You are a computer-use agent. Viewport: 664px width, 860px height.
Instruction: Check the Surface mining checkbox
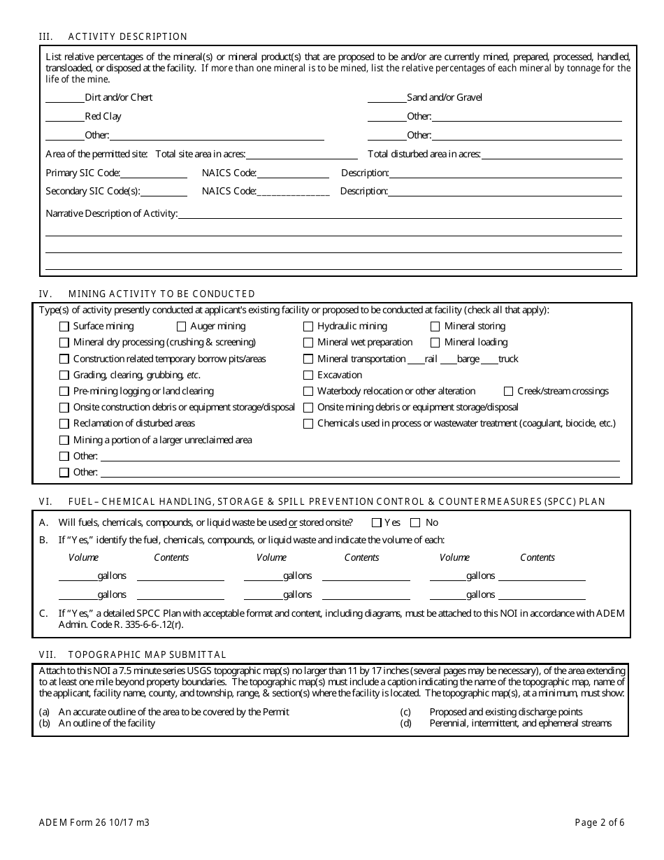(x=64, y=327)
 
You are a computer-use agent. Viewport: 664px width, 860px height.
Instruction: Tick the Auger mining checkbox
(x=181, y=327)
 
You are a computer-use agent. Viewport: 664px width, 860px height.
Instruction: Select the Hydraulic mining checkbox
(x=308, y=327)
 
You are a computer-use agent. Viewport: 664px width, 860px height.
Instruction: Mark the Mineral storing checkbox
(x=435, y=327)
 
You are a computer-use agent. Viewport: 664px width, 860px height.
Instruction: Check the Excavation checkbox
(x=308, y=375)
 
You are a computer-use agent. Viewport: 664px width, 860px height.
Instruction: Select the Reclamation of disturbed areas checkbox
(x=64, y=424)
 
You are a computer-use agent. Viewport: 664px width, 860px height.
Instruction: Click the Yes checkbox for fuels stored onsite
(x=377, y=522)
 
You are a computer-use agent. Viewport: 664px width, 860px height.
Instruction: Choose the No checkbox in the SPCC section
(x=415, y=522)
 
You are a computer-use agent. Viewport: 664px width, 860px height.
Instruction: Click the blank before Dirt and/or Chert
(x=64, y=98)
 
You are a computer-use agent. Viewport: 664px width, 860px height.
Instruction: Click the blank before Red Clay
(x=64, y=117)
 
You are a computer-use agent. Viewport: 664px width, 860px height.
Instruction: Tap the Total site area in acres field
(x=301, y=155)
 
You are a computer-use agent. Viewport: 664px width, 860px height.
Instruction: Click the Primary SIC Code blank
(x=154, y=173)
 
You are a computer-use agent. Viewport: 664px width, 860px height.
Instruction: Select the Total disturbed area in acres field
(x=551, y=155)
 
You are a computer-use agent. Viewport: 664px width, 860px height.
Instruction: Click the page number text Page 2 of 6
(x=599, y=822)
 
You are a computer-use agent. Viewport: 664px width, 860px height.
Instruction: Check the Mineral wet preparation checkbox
(x=308, y=343)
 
